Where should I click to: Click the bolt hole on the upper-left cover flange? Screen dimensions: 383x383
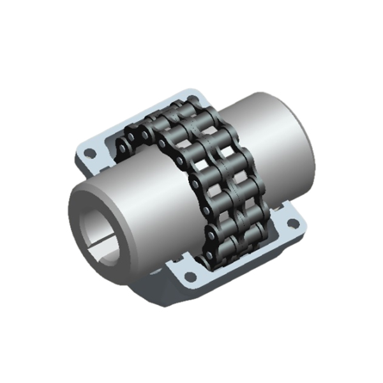pos(90,153)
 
